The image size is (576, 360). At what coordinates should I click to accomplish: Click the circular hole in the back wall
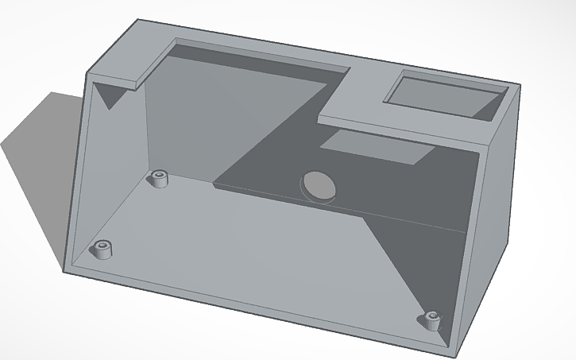(x=318, y=185)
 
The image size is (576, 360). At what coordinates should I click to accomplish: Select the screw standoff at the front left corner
(x=102, y=250)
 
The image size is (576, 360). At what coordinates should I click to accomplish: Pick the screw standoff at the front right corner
(x=431, y=321)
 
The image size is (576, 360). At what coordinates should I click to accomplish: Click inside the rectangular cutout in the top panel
(x=445, y=95)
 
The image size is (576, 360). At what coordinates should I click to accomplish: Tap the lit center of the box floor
(x=262, y=246)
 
